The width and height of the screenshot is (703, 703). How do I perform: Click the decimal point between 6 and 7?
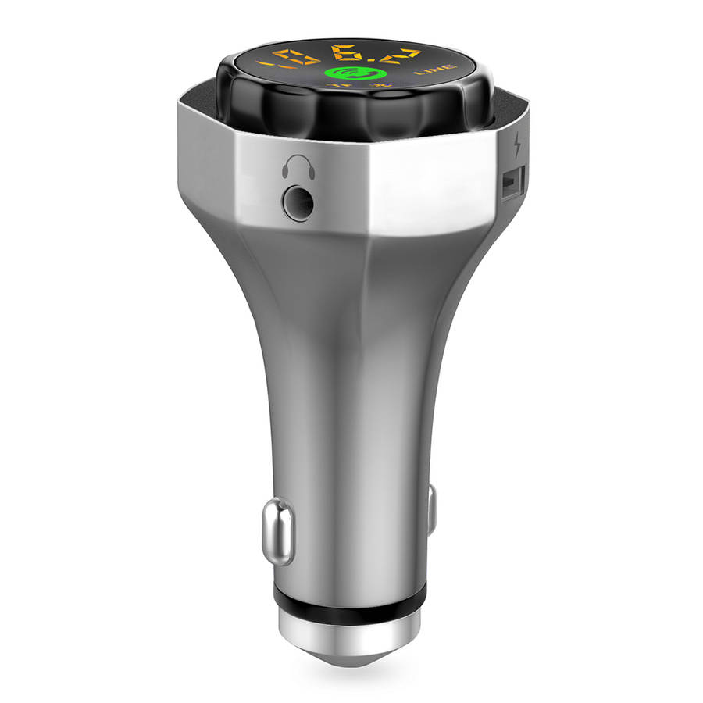[x=373, y=64]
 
